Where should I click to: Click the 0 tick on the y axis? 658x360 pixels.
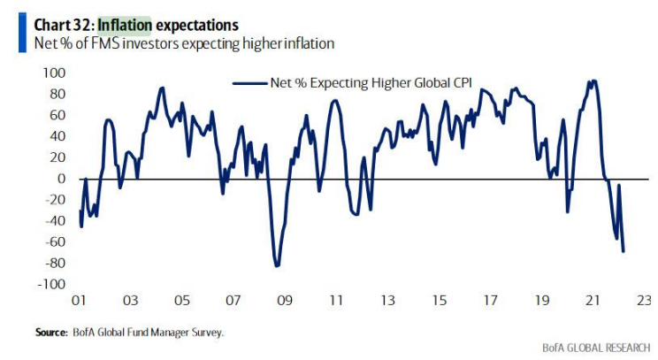pos(63,179)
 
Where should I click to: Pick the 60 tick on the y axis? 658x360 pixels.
pos(58,115)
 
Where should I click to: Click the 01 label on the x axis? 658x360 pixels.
pos(78,301)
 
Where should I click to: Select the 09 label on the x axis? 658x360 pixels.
pos(284,301)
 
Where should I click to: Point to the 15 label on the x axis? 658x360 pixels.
pos(439,301)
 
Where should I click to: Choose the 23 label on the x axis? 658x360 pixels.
pos(644,301)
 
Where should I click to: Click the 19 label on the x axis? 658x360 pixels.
pos(541,301)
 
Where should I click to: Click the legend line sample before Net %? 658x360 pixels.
pos(249,82)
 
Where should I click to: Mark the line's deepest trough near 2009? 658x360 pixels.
pos(277,265)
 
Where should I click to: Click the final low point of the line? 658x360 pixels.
pos(624,251)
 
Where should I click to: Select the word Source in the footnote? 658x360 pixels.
pos(51,332)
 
